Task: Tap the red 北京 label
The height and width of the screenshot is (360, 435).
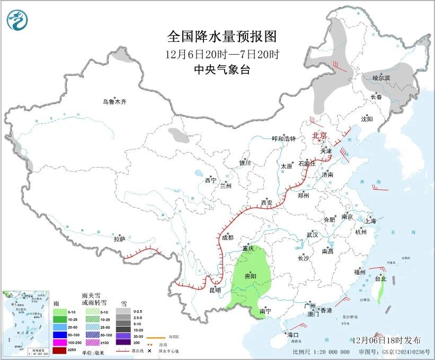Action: tap(320, 135)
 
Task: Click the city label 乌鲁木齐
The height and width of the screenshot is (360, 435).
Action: tap(115, 102)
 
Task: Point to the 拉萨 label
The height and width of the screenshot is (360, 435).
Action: tap(119, 239)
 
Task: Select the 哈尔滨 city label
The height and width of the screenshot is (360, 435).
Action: tap(381, 78)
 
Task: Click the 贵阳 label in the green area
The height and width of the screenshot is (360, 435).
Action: tap(250, 277)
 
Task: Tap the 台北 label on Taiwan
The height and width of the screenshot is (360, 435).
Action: tap(380, 279)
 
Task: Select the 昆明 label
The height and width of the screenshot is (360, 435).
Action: tap(215, 290)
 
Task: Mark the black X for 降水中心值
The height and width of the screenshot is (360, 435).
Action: tap(142, 351)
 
